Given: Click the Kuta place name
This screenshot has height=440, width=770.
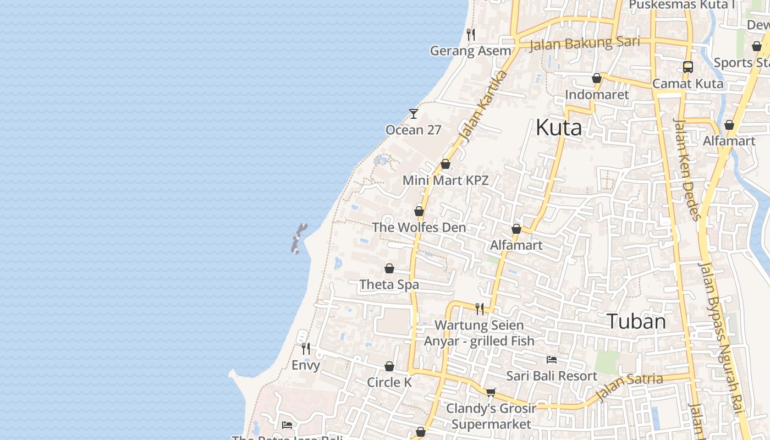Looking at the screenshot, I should click(x=558, y=128).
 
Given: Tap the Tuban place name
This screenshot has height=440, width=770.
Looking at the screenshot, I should click(x=636, y=321).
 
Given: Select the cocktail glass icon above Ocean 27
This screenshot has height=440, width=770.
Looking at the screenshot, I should click(x=414, y=113).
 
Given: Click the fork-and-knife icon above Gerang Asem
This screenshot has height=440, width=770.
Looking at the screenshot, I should click(x=470, y=35).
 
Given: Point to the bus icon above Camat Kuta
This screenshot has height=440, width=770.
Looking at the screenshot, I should click(x=687, y=67).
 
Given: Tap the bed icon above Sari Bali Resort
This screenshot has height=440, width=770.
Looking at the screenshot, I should click(x=552, y=360).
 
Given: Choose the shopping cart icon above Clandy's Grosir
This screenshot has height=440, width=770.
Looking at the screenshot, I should click(x=491, y=392).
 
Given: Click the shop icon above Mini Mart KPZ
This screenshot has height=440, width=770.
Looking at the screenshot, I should click(x=446, y=164).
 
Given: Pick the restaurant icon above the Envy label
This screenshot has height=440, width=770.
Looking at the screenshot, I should click(x=306, y=349).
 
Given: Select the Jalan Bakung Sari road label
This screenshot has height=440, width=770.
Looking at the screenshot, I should click(x=585, y=43).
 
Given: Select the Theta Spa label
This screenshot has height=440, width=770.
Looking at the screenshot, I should click(x=389, y=284).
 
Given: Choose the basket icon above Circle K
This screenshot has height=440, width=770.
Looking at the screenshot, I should click(x=389, y=366).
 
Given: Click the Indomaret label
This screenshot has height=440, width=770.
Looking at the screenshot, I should click(x=597, y=95).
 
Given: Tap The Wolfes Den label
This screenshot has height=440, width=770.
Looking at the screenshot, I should click(x=419, y=227).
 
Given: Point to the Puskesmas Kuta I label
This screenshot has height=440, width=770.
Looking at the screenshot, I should click(x=682, y=5).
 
